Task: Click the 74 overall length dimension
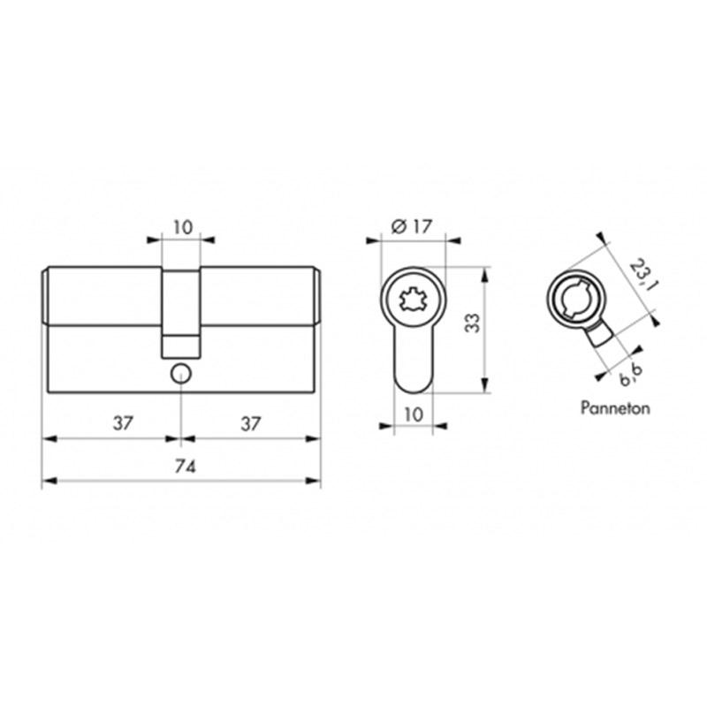click(185, 468)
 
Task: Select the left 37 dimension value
click(123, 423)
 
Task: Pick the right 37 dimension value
click(250, 424)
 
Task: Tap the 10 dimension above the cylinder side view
click(183, 227)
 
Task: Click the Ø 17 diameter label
click(412, 226)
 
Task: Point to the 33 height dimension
click(473, 323)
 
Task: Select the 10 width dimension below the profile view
click(414, 414)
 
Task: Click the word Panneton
click(615, 408)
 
